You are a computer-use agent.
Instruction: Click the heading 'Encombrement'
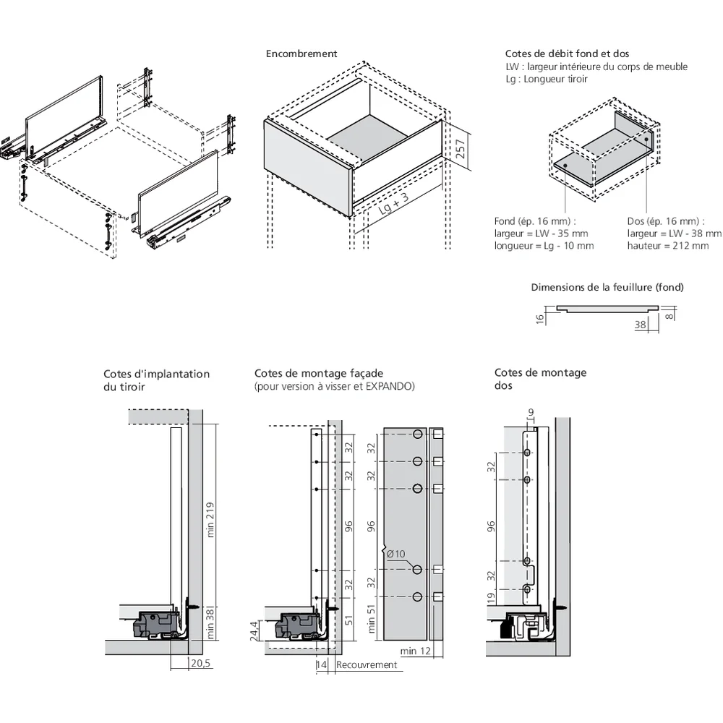click(301, 54)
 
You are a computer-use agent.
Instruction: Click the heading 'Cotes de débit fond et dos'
click(566, 54)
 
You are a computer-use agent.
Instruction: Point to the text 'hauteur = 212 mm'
click(668, 246)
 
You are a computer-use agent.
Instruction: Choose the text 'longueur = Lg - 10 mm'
click(544, 246)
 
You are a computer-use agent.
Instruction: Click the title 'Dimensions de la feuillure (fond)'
click(607, 287)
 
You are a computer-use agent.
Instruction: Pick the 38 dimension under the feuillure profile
click(640, 325)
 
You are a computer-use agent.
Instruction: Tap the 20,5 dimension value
click(200, 663)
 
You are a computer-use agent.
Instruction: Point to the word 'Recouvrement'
click(367, 664)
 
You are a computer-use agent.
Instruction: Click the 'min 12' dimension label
click(416, 651)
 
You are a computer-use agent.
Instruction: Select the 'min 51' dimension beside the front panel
click(372, 617)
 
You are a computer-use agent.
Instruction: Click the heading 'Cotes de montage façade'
click(318, 373)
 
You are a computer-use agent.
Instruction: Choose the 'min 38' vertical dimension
click(210, 624)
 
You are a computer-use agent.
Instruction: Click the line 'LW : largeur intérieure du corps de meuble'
click(596, 67)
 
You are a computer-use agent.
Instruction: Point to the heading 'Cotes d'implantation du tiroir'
click(156, 380)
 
